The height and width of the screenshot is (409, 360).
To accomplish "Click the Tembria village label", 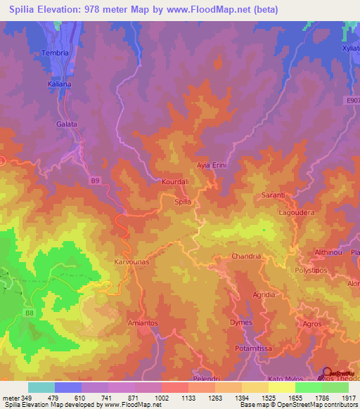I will [x=56, y=53].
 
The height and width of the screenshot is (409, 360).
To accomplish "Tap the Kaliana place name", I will [x=60, y=84].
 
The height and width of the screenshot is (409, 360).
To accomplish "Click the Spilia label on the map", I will [x=183, y=202].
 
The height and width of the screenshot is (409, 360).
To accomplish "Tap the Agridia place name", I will [x=264, y=294].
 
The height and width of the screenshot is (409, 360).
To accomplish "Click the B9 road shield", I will [x=95, y=181].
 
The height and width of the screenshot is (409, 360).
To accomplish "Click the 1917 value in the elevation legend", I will [x=349, y=398].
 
